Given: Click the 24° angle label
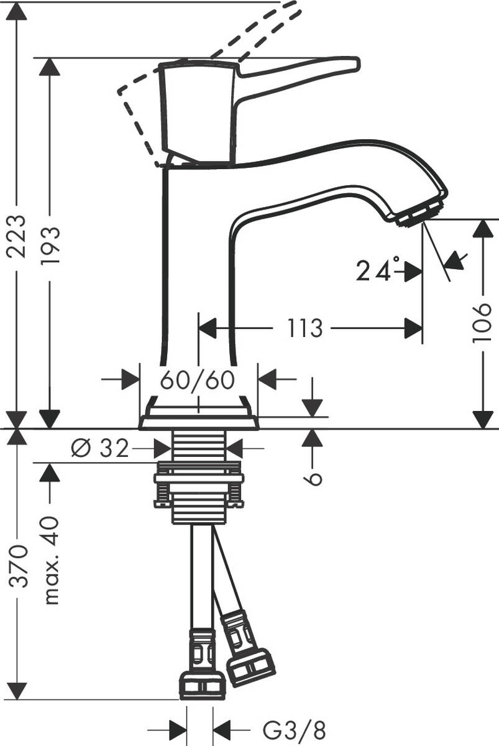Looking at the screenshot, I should [x=375, y=271].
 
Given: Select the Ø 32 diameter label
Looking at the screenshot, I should [x=100, y=448].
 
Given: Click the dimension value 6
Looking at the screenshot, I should [x=313, y=477].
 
